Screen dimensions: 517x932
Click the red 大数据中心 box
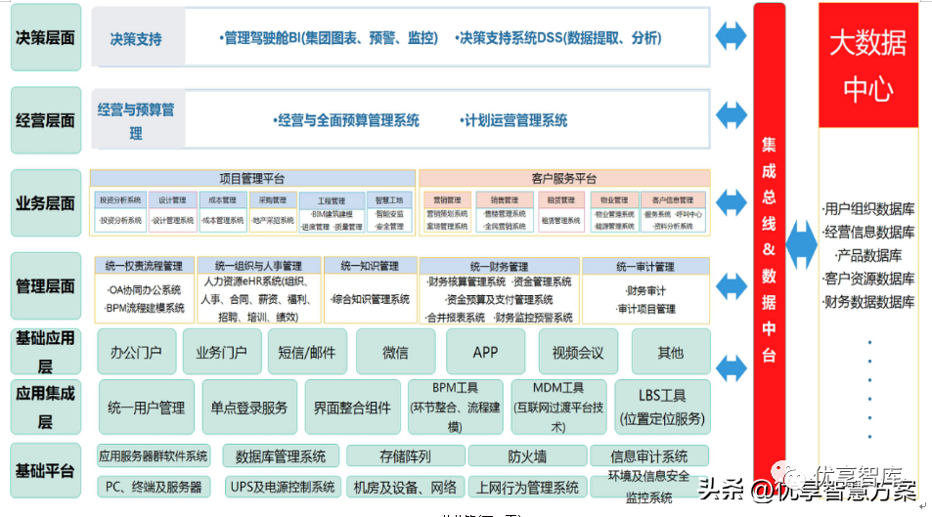click(x=867, y=65)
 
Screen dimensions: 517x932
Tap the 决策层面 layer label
click(x=45, y=37)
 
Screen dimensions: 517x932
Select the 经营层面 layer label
click(x=45, y=120)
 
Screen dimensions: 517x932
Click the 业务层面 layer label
click(x=45, y=203)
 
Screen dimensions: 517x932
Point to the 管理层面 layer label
click(x=45, y=286)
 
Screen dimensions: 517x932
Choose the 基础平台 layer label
click(x=45, y=471)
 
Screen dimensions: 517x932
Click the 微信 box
click(x=394, y=352)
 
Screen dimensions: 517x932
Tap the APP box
click(x=486, y=352)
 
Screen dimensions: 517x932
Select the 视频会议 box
click(x=578, y=352)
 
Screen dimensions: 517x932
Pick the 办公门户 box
click(x=136, y=352)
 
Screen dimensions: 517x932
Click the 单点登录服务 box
click(x=249, y=407)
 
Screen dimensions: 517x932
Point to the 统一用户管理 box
click(x=146, y=407)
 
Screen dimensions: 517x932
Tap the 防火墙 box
click(x=527, y=456)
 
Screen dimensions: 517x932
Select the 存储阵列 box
click(x=404, y=456)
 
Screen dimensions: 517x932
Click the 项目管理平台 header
click(x=252, y=179)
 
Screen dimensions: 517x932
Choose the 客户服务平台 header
click(x=564, y=179)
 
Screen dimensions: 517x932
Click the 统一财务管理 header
click(x=499, y=266)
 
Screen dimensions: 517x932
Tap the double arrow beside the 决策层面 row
click(x=731, y=36)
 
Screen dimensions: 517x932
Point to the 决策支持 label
click(x=136, y=40)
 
